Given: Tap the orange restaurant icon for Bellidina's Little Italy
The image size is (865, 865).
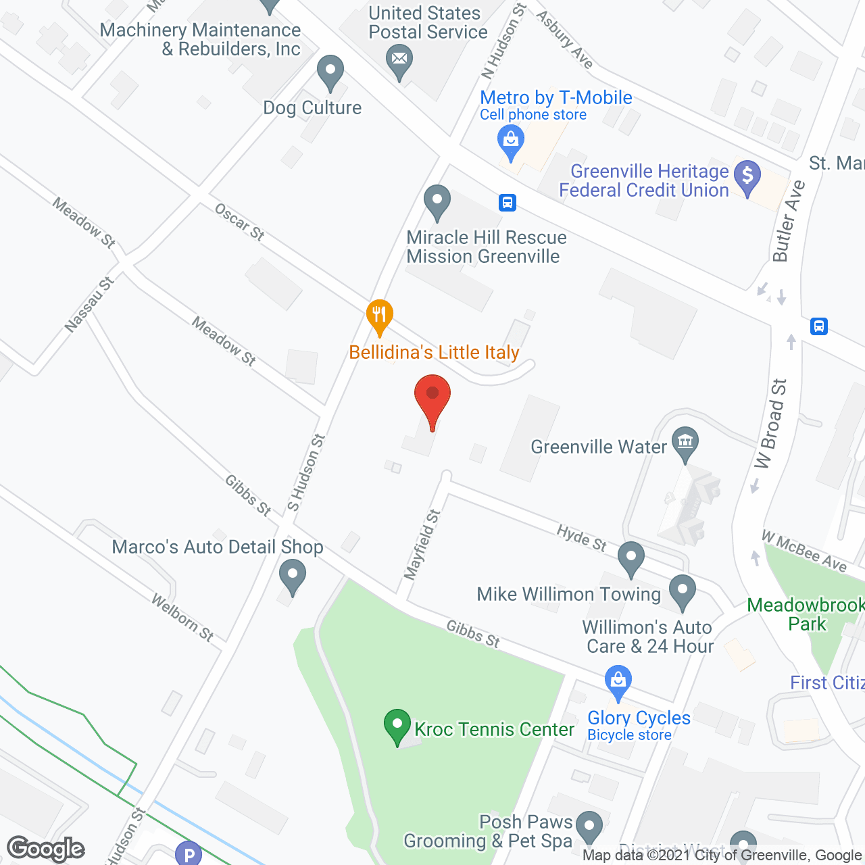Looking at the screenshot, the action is pyautogui.click(x=380, y=316).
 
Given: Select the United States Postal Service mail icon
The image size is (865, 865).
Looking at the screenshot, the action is pyautogui.click(x=399, y=60).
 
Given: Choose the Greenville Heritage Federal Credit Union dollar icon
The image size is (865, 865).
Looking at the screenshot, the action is pyautogui.click(x=747, y=176).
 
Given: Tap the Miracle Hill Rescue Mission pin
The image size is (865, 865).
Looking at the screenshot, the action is pyautogui.click(x=437, y=201).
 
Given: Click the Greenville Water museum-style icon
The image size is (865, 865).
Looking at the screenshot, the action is pyautogui.click(x=685, y=443).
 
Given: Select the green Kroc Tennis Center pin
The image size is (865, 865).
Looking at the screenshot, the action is pyautogui.click(x=397, y=726).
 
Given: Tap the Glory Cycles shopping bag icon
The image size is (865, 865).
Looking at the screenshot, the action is pyautogui.click(x=618, y=682).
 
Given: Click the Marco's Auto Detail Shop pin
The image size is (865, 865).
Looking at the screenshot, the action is pyautogui.click(x=292, y=578).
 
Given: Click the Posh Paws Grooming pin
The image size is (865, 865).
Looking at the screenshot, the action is pyautogui.click(x=590, y=826).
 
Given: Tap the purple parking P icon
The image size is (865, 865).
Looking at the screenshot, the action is pyautogui.click(x=189, y=854).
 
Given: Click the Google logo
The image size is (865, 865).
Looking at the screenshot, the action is pyautogui.click(x=46, y=849).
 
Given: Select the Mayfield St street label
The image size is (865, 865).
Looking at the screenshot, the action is pyautogui.click(x=422, y=545).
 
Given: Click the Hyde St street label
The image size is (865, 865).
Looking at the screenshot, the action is pyautogui.click(x=582, y=538).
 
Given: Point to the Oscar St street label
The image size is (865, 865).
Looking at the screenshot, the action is pyautogui.click(x=239, y=222).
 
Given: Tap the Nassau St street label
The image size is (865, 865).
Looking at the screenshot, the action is pyautogui.click(x=89, y=305).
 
